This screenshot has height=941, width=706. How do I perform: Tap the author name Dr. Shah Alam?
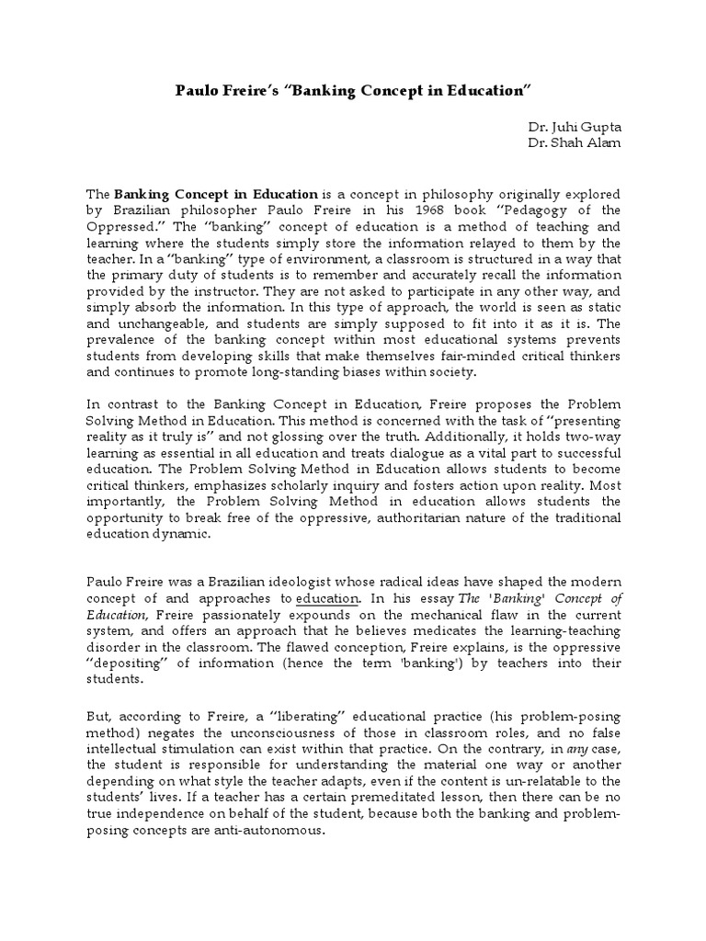[x=573, y=144]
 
